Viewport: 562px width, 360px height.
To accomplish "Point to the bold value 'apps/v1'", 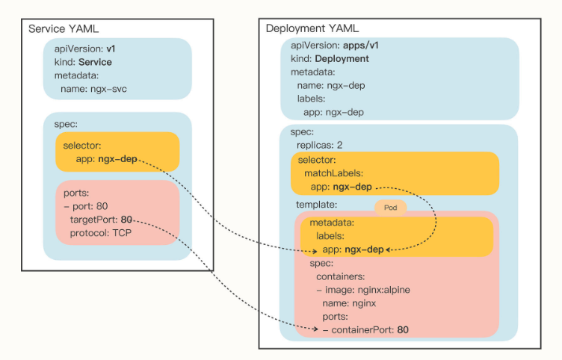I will coord(365,46).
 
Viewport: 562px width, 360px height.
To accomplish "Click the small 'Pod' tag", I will coord(390,207).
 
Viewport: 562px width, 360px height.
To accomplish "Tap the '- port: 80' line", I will coord(87,206).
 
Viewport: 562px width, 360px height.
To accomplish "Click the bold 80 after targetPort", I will coord(126,220).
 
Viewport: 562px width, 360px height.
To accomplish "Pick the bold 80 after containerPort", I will coord(403,329).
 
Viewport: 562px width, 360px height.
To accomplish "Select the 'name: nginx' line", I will coord(348,303).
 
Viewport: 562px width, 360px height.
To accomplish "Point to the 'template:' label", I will coord(318,203).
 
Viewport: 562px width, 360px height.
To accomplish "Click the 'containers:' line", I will coord(341,276).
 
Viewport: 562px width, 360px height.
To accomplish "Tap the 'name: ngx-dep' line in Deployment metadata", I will coord(331,85).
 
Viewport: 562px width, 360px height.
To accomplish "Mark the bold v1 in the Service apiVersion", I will coord(110,49).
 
